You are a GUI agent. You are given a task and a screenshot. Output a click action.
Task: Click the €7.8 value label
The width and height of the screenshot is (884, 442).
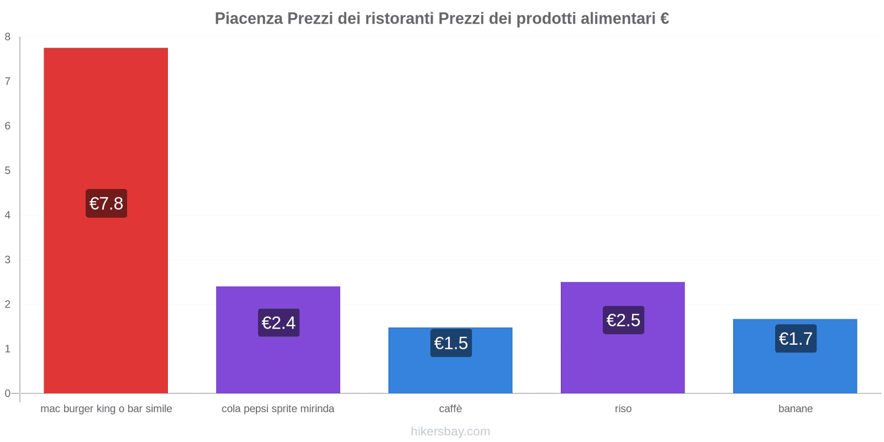click(106, 203)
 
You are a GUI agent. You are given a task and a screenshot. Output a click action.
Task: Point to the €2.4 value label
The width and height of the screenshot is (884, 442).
click(278, 323)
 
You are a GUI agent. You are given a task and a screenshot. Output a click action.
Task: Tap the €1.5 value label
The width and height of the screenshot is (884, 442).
click(451, 343)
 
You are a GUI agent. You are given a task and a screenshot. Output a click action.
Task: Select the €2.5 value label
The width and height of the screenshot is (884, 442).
click(623, 320)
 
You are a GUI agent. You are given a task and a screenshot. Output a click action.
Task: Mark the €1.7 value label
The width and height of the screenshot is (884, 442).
click(796, 339)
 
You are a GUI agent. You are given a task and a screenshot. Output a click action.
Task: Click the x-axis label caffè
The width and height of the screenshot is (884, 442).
click(450, 409)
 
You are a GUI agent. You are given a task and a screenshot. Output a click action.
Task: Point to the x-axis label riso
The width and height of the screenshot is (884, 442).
click(623, 409)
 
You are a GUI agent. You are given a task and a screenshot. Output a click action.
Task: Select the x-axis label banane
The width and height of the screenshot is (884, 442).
click(795, 409)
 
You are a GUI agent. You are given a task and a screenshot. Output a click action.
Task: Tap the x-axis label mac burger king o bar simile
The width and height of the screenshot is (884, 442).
click(106, 409)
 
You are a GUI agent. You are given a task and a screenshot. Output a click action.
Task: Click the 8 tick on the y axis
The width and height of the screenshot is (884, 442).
click(8, 37)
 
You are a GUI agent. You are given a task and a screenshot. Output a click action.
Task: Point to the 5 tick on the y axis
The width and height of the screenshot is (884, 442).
click(8, 171)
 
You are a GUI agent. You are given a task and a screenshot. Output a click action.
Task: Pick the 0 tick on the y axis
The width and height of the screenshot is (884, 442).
click(8, 393)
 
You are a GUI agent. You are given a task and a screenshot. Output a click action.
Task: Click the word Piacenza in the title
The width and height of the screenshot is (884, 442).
click(249, 19)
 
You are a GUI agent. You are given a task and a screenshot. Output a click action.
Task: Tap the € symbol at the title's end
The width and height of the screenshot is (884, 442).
click(665, 19)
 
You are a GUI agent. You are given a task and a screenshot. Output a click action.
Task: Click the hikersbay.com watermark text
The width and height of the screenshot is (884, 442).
click(450, 432)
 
